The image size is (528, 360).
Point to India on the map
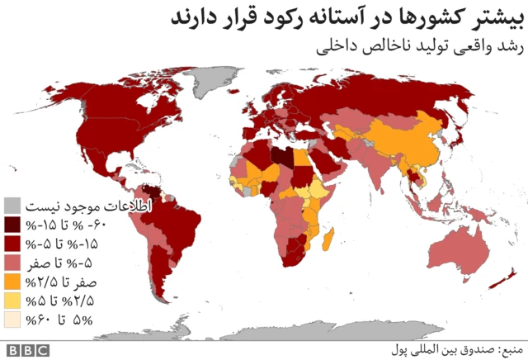[372, 170]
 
